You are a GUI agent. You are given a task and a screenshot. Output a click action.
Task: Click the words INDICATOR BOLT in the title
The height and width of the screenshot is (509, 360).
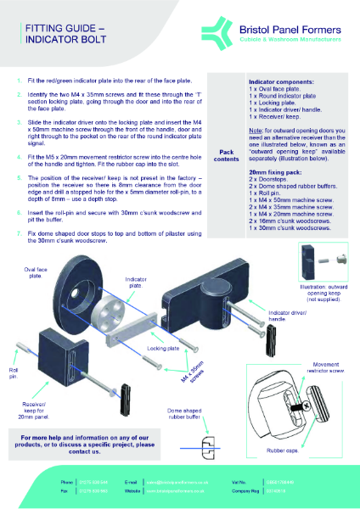pos(54,38)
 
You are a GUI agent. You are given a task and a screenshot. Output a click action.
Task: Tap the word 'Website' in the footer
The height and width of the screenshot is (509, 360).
pos(132,489)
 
